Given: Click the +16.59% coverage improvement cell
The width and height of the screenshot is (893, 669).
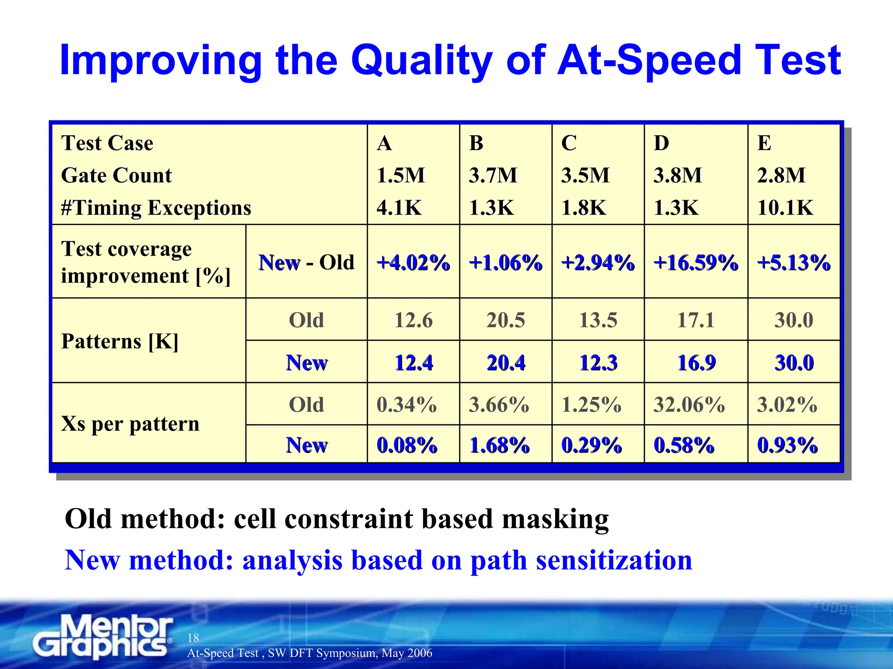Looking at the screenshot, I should point(695,263).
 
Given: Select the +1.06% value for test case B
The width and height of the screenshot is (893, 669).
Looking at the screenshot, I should point(505,263).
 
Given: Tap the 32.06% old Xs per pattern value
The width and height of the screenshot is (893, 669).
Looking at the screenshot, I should point(689,404).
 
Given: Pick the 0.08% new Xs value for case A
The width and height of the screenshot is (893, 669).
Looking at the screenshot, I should point(406,445).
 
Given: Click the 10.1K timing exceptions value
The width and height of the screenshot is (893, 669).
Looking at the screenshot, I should point(785,208).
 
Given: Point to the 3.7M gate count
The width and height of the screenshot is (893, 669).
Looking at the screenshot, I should point(493,175).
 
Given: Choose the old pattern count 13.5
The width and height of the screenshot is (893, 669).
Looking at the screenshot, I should point(598,320).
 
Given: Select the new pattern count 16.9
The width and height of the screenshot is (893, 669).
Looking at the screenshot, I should point(696,362).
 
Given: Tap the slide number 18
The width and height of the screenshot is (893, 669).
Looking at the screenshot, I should point(193,638).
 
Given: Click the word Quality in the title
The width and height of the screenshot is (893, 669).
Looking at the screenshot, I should point(421,61).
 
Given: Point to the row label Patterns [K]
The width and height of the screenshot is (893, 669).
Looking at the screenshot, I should point(120,341).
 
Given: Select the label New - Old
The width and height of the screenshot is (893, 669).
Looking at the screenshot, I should point(306,263).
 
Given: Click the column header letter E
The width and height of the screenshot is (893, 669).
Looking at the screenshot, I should point(764,143).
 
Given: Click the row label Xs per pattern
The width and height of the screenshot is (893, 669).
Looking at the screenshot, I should point(130,423).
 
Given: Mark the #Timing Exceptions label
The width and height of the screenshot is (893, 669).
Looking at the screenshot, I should point(156,208).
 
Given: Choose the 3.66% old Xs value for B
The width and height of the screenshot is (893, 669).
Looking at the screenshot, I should point(499,404).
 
